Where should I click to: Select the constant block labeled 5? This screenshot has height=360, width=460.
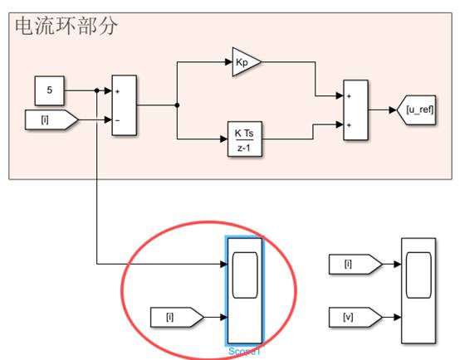pos(51,90)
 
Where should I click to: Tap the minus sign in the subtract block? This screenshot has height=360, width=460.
pos(118,121)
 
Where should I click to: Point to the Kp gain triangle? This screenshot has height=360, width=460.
pos(243,62)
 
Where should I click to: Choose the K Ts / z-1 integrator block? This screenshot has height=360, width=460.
pos(244,137)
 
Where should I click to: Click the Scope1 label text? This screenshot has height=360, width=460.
pos(244,352)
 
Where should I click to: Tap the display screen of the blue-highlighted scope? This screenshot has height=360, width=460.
pos(244,276)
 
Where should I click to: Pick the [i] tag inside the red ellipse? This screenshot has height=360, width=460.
pos(175,317)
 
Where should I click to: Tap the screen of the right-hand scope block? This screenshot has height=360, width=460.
pos(418,276)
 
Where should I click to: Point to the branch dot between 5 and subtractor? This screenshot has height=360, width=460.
pos(97,90)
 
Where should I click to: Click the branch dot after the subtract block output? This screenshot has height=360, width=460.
pos(177,105)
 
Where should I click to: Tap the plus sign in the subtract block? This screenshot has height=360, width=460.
pos(118,91)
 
